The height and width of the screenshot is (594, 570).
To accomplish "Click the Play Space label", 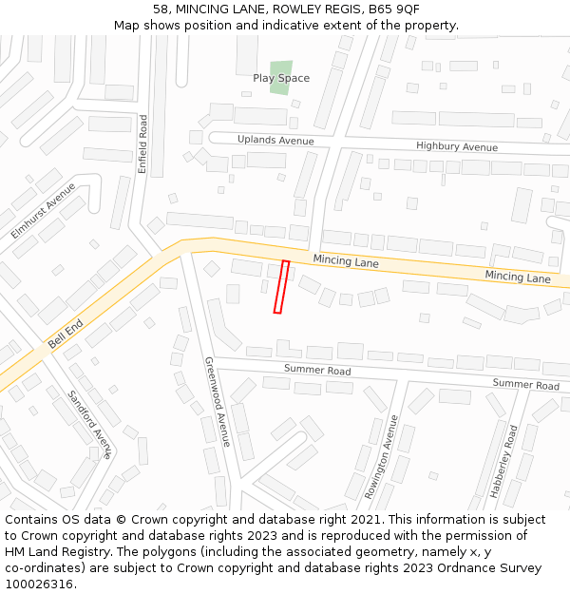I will point(280,78).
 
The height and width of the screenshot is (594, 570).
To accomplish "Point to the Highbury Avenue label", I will point(456,147).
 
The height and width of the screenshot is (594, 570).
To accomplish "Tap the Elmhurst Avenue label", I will point(44,210).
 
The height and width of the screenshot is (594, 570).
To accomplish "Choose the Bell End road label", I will point(66,334).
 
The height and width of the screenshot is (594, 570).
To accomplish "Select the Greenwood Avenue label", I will point(217,401).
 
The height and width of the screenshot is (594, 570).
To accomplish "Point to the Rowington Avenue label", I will point(382,457).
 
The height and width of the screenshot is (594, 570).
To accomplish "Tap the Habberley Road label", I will point(503,462).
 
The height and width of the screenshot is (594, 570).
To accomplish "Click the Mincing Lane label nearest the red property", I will point(346,261).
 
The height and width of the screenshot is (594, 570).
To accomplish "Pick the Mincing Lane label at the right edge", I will point(517,278).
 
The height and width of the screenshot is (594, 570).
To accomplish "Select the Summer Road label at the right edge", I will point(525,385).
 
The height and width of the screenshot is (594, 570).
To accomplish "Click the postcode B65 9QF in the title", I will point(394,9).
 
